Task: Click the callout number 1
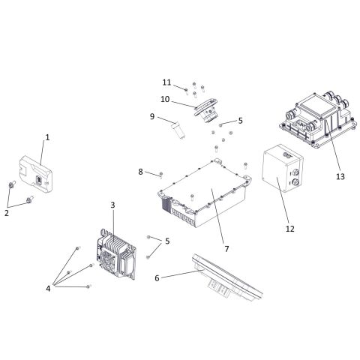[x=47, y=137]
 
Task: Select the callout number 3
[x=112, y=205]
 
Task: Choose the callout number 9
[x=151, y=116]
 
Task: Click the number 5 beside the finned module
[x=166, y=241]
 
